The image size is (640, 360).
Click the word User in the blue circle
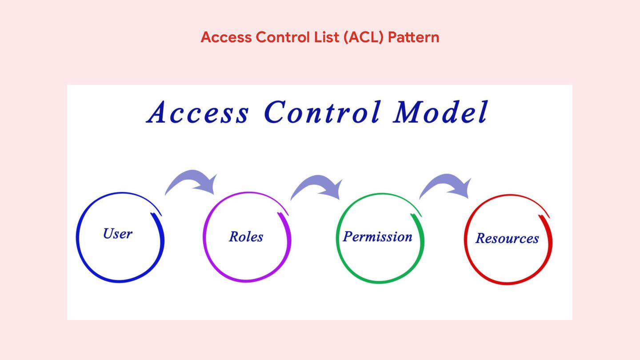coord(118,233)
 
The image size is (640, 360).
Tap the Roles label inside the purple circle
coord(246,236)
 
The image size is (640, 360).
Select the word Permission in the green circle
coord(378,236)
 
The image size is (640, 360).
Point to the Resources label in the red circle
coord(507,238)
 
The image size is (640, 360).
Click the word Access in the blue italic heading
coord(198,112)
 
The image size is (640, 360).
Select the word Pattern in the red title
coord(413,37)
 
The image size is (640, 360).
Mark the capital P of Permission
coord(348,236)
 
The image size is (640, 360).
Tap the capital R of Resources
coord(480,238)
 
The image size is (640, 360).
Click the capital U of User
coord(108,233)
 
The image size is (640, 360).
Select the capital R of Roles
coord(234,236)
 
